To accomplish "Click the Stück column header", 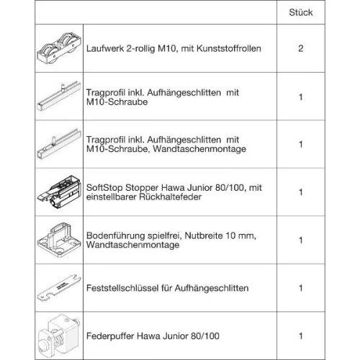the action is point(300,14).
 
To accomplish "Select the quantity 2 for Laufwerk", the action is point(300,49).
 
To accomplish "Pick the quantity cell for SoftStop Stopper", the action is point(300,192).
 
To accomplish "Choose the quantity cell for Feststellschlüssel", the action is point(300,288).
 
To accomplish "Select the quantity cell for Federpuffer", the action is point(300,335).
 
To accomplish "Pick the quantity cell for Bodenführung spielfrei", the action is point(300,240).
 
